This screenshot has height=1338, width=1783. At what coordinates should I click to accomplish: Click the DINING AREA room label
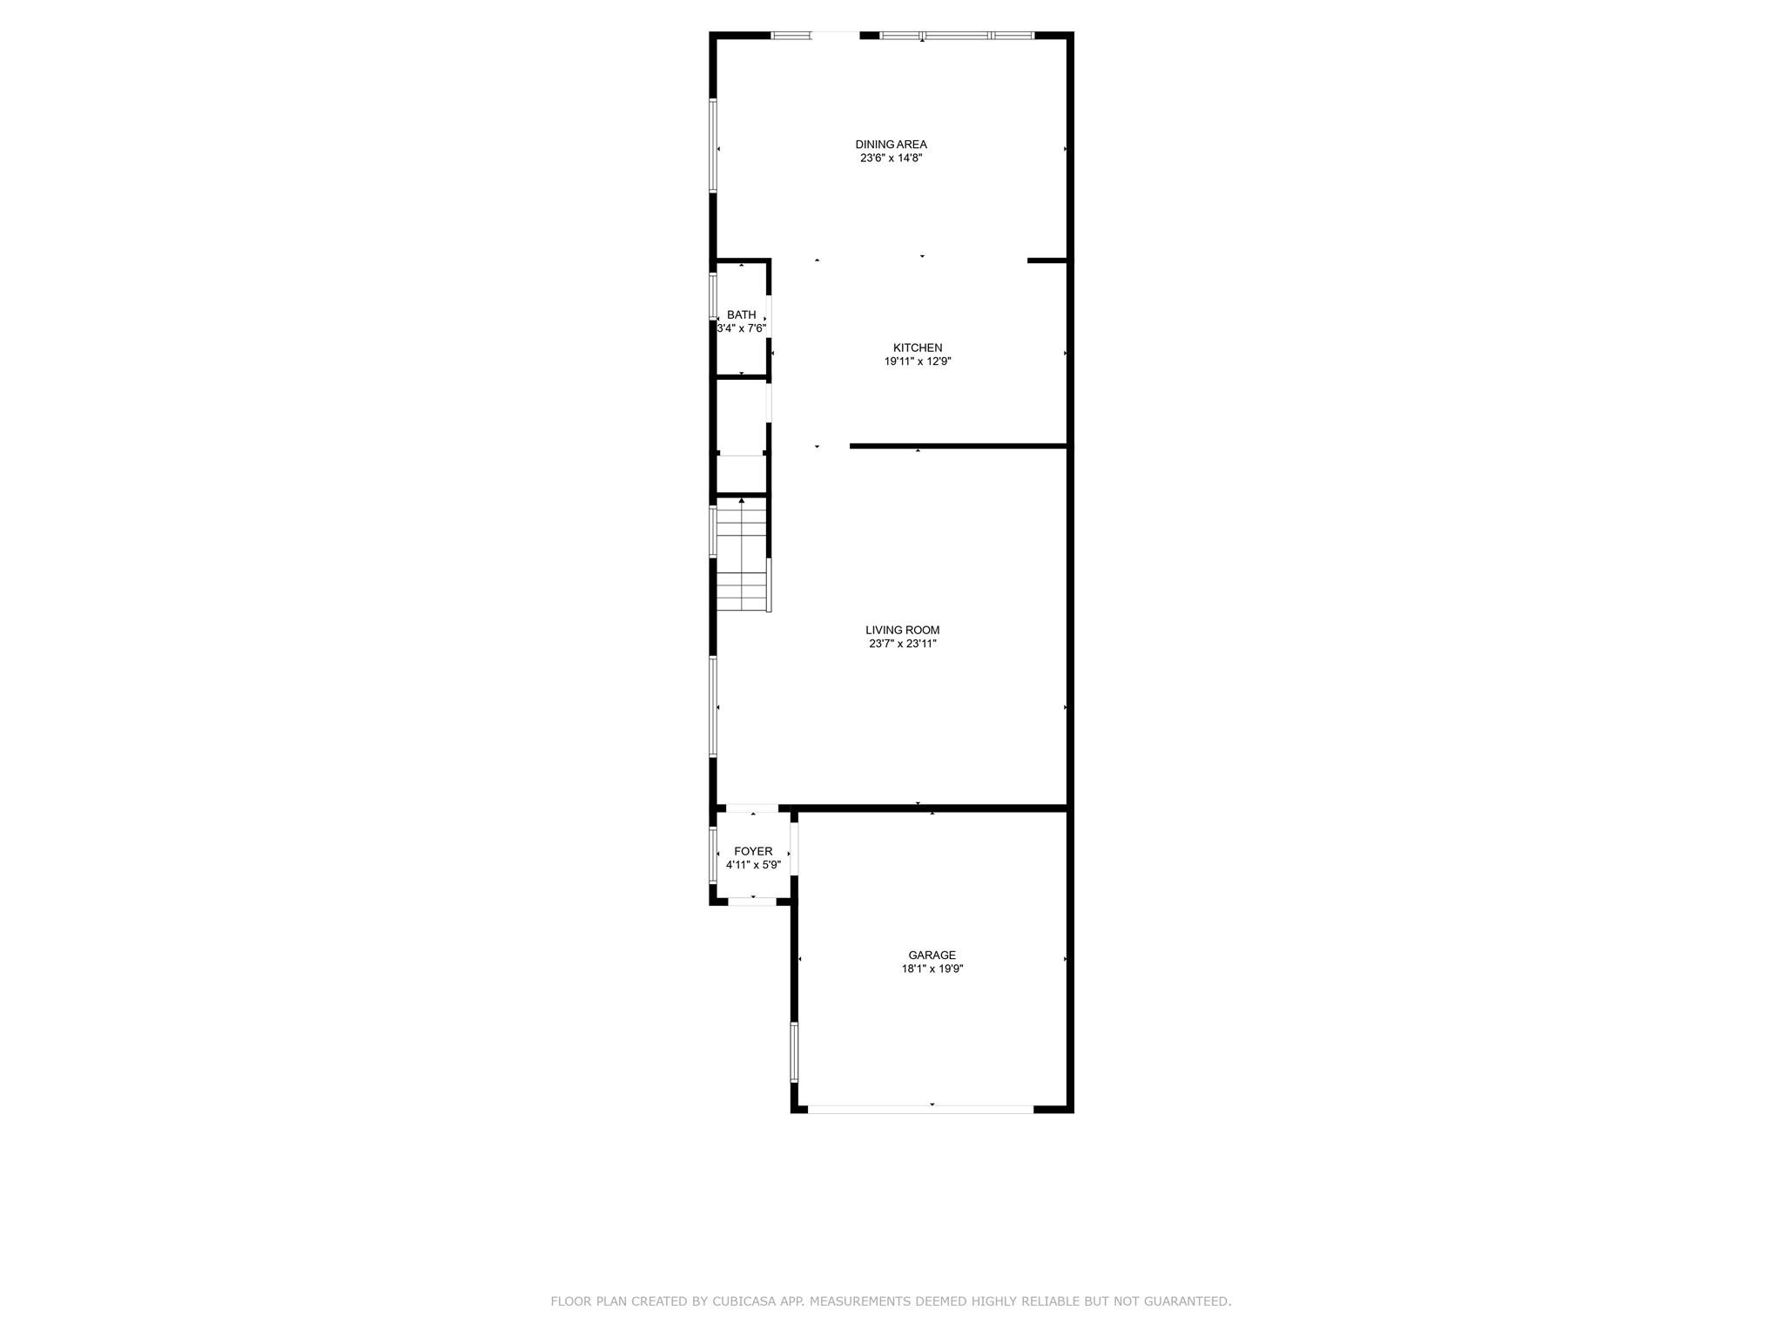coord(891,145)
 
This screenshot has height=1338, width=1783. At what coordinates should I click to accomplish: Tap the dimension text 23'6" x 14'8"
coord(891,159)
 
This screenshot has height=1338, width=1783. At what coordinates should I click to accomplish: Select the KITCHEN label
coord(918,348)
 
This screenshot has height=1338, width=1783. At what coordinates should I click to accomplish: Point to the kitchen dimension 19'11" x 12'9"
coord(918,362)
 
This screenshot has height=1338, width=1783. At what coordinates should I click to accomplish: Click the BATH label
coord(742,314)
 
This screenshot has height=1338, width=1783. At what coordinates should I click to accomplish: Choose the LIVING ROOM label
coord(902,630)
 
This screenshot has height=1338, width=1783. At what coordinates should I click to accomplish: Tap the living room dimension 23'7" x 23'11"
coord(902,644)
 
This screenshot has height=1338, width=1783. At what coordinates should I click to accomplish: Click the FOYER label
coord(753,851)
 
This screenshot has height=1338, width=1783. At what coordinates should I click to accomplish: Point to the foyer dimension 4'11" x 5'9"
coord(753,865)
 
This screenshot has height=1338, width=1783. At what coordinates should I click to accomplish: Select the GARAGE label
coord(932,955)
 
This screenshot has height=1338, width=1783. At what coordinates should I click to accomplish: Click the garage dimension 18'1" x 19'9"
coord(932,969)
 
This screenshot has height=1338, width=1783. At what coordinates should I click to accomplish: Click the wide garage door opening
coord(920,1109)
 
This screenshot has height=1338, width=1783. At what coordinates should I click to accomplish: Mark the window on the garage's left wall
coord(794,1051)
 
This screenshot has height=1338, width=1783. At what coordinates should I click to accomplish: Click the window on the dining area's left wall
coord(713,145)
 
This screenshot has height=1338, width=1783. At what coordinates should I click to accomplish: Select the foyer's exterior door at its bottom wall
coord(752,902)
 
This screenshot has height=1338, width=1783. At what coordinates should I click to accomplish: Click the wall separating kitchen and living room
coord(958,446)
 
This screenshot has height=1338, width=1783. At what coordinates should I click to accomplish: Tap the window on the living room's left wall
coord(713,706)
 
